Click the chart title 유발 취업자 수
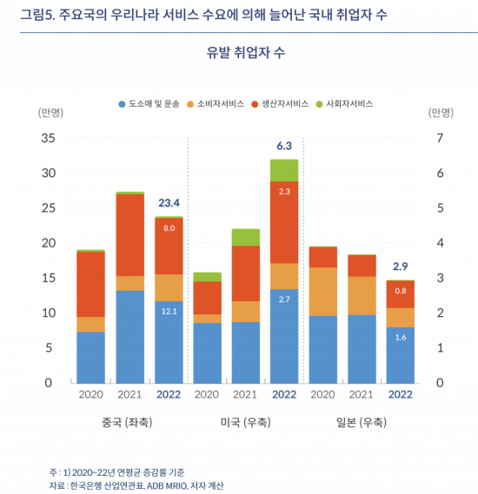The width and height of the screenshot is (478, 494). click(246, 52)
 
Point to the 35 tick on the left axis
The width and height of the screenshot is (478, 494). click(48, 138)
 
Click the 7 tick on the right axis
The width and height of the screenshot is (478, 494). click(440, 138)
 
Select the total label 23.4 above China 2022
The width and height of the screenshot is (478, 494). click(169, 203)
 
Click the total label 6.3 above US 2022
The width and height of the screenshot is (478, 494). click(284, 146)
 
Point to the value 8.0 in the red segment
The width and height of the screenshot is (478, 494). click(169, 227)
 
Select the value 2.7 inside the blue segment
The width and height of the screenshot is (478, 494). click(284, 323)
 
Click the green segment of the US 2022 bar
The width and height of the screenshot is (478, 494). click(284, 170)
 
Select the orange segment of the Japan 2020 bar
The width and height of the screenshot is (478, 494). click(323, 292)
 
